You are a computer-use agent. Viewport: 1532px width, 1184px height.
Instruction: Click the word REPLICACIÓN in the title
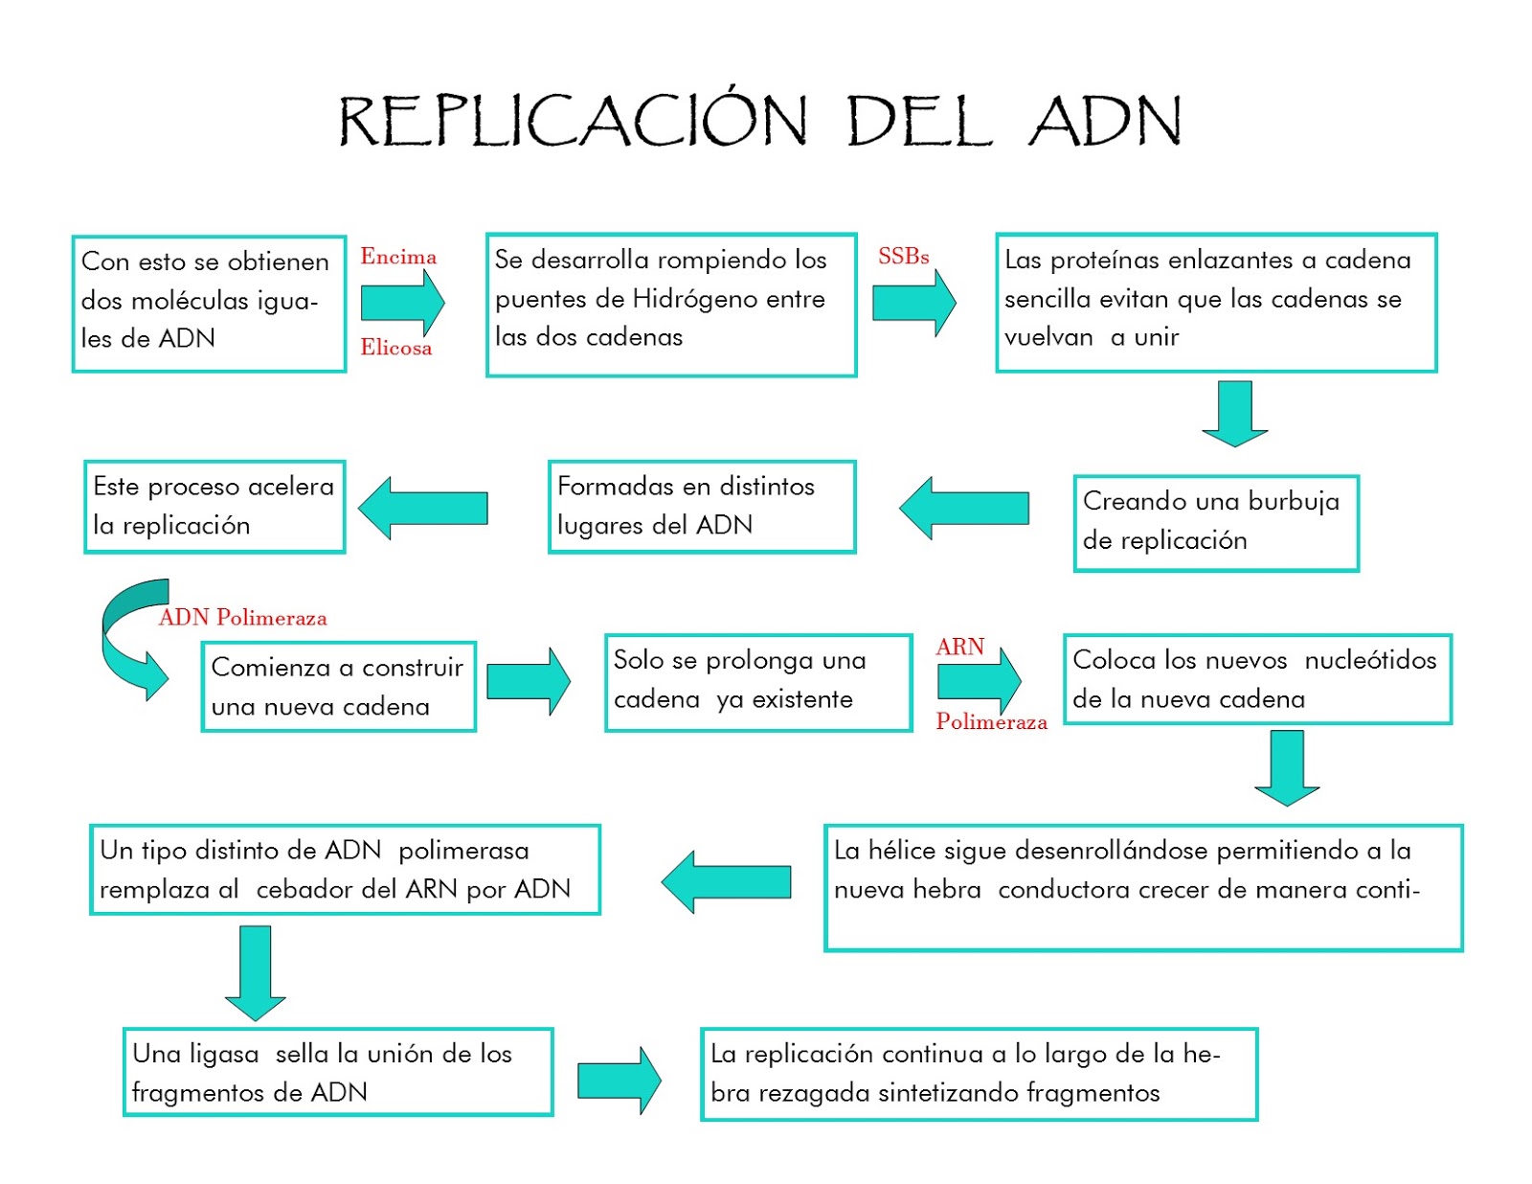click(573, 122)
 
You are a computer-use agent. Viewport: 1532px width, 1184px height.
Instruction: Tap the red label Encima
click(398, 257)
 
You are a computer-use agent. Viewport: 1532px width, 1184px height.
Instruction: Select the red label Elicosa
click(395, 348)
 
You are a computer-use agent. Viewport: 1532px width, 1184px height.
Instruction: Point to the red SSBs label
click(903, 257)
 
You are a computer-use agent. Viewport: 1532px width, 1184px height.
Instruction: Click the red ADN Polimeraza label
click(243, 618)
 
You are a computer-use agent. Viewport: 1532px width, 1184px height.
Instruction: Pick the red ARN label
click(959, 648)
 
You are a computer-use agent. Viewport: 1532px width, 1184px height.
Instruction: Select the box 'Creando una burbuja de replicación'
click(1215, 522)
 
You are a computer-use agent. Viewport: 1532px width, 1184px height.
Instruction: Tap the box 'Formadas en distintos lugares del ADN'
click(701, 506)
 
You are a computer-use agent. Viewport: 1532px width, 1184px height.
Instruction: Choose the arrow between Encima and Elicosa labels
click(402, 303)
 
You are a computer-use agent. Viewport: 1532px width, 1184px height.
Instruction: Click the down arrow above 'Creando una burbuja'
click(1234, 413)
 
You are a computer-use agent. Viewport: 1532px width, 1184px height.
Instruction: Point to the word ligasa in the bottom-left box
click(224, 1054)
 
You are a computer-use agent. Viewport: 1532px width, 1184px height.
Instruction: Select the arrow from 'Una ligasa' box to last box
click(620, 1080)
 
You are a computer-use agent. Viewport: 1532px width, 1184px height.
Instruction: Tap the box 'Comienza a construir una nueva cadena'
click(338, 687)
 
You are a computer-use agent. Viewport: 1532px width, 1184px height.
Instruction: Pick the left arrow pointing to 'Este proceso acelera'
click(423, 508)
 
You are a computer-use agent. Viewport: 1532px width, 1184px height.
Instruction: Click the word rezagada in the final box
click(814, 1093)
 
